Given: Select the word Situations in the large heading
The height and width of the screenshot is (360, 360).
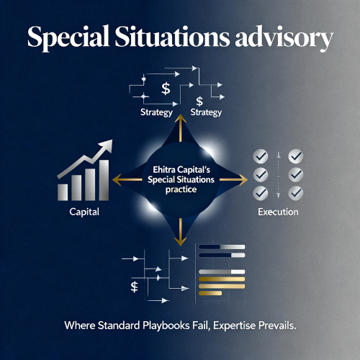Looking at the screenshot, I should (x=177, y=37).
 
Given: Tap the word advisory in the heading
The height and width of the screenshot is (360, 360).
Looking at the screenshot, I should (x=287, y=37).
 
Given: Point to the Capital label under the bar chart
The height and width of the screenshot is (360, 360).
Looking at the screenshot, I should (x=84, y=213).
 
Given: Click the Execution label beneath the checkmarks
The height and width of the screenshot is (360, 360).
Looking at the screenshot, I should (x=277, y=213).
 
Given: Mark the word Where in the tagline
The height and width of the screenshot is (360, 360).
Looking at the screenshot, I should (x=78, y=325).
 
